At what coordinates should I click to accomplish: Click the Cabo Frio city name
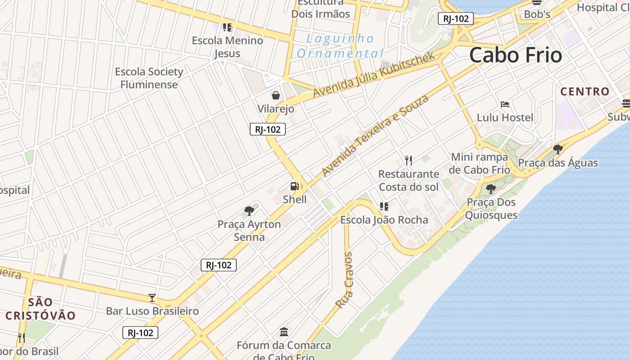click(x=516, y=55)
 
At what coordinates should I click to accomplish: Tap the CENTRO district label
click(x=585, y=92)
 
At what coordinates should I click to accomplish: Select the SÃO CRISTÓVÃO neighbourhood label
click(x=40, y=309)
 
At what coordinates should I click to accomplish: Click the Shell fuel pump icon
click(x=294, y=186)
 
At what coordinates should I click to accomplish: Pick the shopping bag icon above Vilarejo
click(x=275, y=95)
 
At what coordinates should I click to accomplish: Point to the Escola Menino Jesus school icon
click(x=227, y=27)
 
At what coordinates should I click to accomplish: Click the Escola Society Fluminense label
click(x=149, y=78)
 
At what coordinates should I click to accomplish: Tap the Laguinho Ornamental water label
click(x=341, y=46)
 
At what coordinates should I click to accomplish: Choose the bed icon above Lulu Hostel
click(x=505, y=105)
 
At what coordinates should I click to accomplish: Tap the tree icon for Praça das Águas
click(x=558, y=149)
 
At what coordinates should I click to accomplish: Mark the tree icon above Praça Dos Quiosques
click(x=490, y=189)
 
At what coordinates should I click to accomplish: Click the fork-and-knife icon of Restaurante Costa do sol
click(x=408, y=160)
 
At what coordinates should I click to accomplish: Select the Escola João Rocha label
click(x=384, y=220)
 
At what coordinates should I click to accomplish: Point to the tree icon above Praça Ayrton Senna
click(x=249, y=211)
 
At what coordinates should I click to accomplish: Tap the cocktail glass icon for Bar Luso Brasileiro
click(x=152, y=298)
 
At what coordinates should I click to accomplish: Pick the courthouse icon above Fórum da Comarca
click(x=284, y=332)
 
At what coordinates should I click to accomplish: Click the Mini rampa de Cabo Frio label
click(x=480, y=163)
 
